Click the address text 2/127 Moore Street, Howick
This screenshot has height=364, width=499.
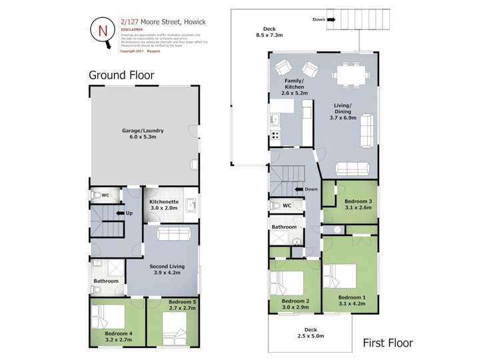click(163, 22)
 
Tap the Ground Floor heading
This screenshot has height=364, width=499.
click(121, 75)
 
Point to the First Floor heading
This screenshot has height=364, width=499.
click(387, 343)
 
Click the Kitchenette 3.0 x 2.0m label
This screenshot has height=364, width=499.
click(163, 205)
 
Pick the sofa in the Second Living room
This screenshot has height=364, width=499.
click(177, 233)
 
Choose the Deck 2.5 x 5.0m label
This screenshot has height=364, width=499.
click(310, 333)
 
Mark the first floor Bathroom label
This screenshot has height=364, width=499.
click(284, 227)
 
